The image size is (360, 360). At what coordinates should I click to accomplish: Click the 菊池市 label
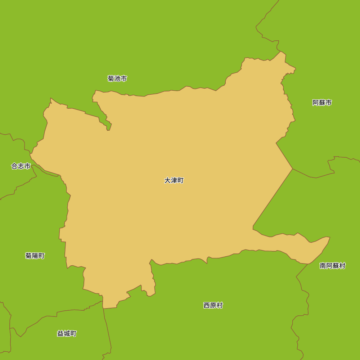(117, 78)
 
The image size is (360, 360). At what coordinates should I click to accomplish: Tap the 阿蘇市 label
(322, 103)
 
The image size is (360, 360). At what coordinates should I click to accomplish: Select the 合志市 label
(21, 166)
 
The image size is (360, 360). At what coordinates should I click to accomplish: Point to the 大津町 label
(174, 180)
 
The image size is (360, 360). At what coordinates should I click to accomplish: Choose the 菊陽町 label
(35, 256)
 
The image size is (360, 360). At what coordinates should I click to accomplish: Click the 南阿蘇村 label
(332, 266)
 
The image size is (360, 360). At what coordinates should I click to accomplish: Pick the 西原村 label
(213, 305)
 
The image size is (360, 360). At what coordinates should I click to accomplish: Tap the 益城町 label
(67, 333)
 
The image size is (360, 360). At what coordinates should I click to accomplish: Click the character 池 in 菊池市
(117, 78)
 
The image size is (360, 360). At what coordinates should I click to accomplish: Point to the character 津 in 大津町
(174, 180)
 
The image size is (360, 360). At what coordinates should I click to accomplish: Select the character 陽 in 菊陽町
(35, 256)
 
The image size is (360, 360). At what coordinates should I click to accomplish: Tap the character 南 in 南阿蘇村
(323, 266)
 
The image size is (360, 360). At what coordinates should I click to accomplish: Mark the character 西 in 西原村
(207, 305)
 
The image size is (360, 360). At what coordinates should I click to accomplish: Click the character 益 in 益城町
(60, 333)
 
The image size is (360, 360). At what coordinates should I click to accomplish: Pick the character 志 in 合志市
(21, 166)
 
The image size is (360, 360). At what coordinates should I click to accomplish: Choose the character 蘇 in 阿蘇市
(322, 103)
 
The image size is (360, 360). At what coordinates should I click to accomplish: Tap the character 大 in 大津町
(167, 180)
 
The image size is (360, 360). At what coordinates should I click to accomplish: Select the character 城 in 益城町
(67, 333)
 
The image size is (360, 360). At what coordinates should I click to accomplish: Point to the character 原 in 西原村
(213, 305)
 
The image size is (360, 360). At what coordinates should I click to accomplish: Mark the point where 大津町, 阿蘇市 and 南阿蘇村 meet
(292, 168)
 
